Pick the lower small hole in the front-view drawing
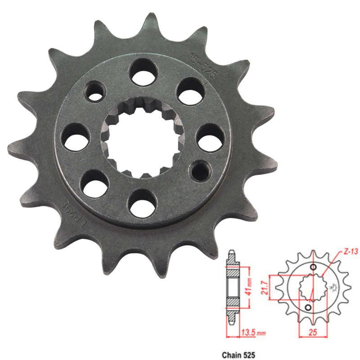[308, 307]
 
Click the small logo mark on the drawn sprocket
[334, 285]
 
